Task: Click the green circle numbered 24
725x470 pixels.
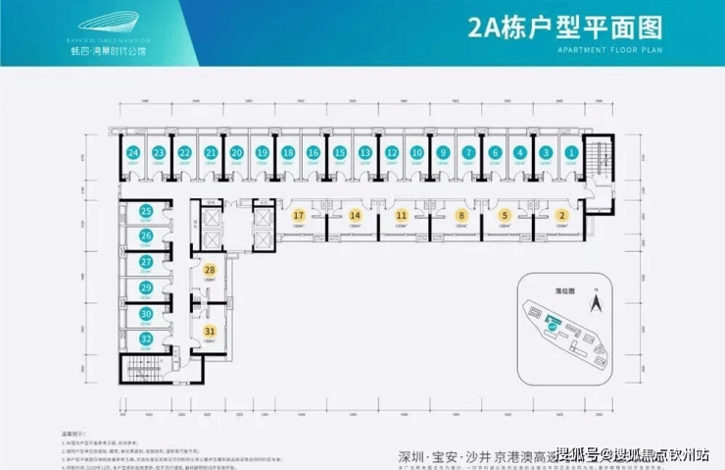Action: coord(131,153)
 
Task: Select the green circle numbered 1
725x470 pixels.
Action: coord(571,153)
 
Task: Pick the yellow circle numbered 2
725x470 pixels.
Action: coord(561,215)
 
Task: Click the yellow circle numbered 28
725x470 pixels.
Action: coord(210,270)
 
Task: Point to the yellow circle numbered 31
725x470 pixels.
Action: coord(210,331)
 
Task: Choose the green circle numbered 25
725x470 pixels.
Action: coord(145,211)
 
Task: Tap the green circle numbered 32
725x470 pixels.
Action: coord(145,339)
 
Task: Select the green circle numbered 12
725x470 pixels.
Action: coord(391,153)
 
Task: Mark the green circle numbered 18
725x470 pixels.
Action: coord(287,153)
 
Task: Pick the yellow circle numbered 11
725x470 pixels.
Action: coord(401,215)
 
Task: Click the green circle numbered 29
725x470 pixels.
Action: coord(145,288)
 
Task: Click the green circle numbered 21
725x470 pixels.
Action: coord(210,153)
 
